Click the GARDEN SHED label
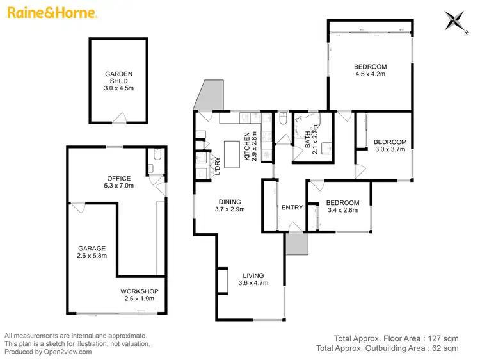tap(119, 78)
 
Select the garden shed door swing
tap(119, 117)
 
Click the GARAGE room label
tap(92, 252)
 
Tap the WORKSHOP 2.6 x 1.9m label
tap(139, 295)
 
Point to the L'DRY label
tap(218, 165)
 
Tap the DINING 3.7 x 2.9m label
tap(229, 204)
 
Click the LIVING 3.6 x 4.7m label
tap(251, 279)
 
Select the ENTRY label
tap(292, 207)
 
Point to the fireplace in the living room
tap(222, 281)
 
